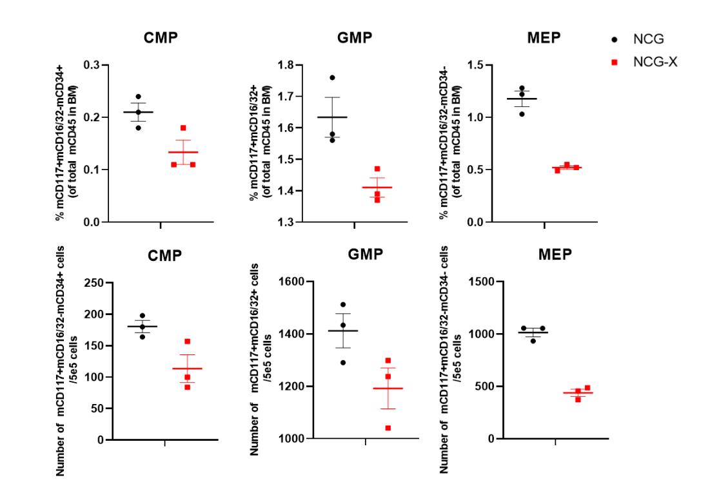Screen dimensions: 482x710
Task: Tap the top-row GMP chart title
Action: point(355,37)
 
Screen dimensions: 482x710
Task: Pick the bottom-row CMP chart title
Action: point(164,255)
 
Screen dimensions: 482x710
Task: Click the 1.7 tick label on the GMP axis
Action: point(285,97)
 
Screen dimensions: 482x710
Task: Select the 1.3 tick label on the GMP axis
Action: point(285,222)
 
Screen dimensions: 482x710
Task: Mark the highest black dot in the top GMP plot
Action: point(332,77)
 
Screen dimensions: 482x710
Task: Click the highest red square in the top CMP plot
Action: point(183,128)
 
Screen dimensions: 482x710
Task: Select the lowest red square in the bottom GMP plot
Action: point(388,428)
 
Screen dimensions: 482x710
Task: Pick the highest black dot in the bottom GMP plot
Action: point(343,304)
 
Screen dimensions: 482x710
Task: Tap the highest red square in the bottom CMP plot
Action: point(188,342)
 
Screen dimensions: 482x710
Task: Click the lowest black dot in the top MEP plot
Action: point(522,113)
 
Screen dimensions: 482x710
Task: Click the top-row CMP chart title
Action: point(161,37)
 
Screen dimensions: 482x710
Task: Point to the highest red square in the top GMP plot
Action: point(377,169)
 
